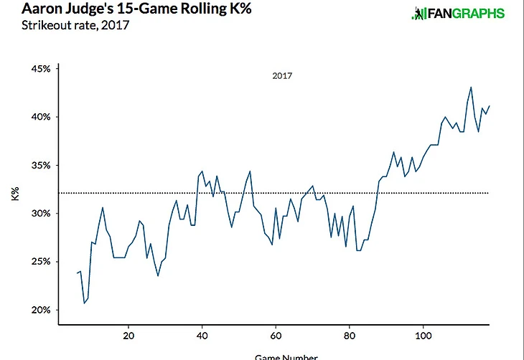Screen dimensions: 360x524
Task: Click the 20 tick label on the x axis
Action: tap(128, 336)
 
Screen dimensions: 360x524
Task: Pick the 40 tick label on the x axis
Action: tap(202, 336)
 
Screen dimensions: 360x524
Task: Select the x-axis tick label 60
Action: tap(276, 336)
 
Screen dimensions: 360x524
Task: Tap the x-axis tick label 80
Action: tap(350, 336)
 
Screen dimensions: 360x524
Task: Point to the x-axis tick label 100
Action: tap(424, 336)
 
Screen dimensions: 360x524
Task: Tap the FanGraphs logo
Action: tap(457, 14)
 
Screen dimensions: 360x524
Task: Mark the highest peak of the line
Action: tap(471, 87)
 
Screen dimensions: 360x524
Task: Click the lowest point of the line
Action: tap(84, 303)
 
